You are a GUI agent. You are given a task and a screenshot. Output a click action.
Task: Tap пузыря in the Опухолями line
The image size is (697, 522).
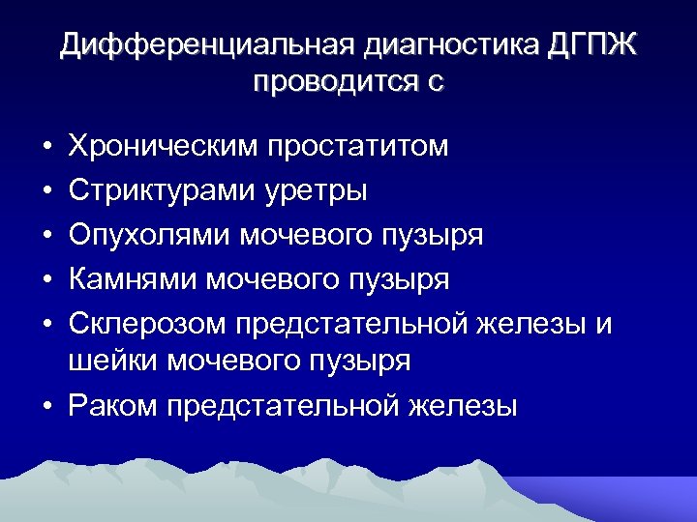pos(436,235)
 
